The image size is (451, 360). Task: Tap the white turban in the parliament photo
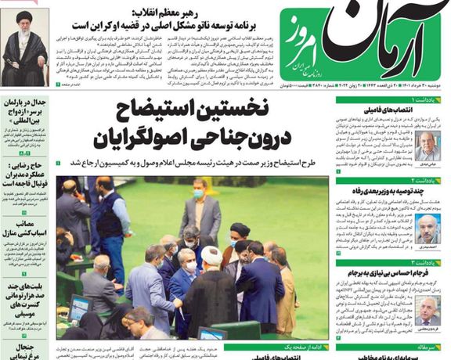pyautogui.click(x=210, y=256)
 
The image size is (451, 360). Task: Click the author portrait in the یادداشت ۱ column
pyautogui.click(x=426, y=146)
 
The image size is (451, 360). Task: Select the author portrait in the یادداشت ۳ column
pyautogui.click(x=426, y=310)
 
